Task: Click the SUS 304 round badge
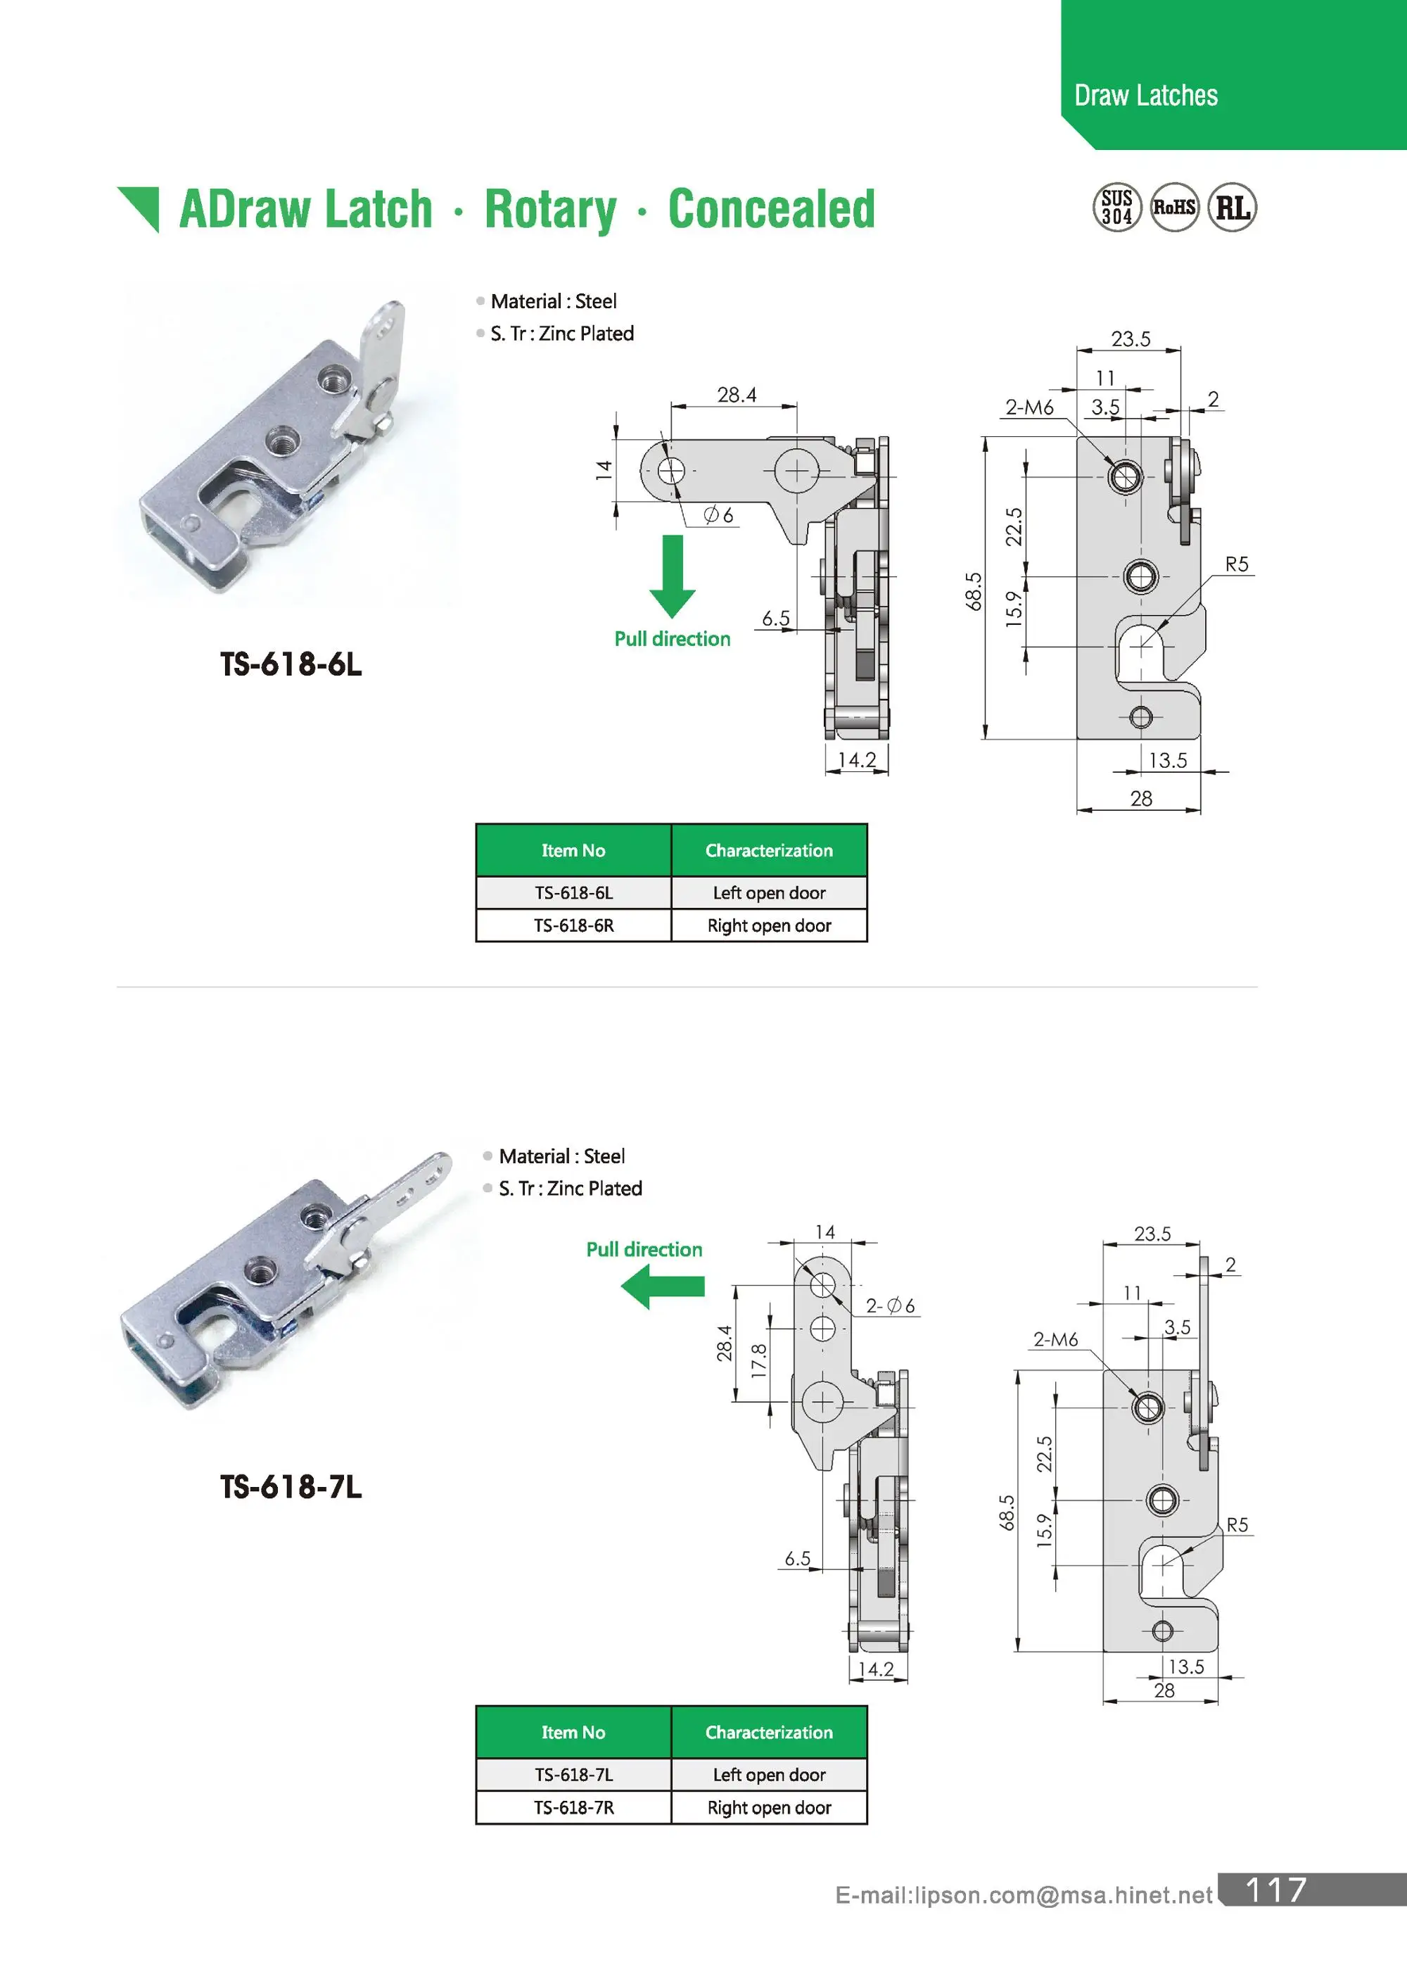(1116, 207)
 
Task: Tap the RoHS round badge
(1174, 207)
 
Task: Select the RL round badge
(1232, 207)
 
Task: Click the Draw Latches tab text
(1145, 95)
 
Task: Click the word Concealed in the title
(771, 210)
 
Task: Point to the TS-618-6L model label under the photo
(291, 664)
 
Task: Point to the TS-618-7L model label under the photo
(291, 1487)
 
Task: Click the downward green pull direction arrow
(673, 576)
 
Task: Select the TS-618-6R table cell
(573, 925)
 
